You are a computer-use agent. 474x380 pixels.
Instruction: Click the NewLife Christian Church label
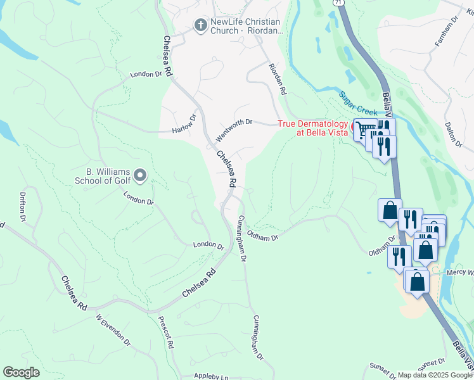point(247,26)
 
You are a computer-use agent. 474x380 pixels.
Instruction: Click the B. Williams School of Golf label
point(108,175)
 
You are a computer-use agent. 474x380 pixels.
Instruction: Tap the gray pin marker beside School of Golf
point(141,175)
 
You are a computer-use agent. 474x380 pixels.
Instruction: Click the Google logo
point(21,372)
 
